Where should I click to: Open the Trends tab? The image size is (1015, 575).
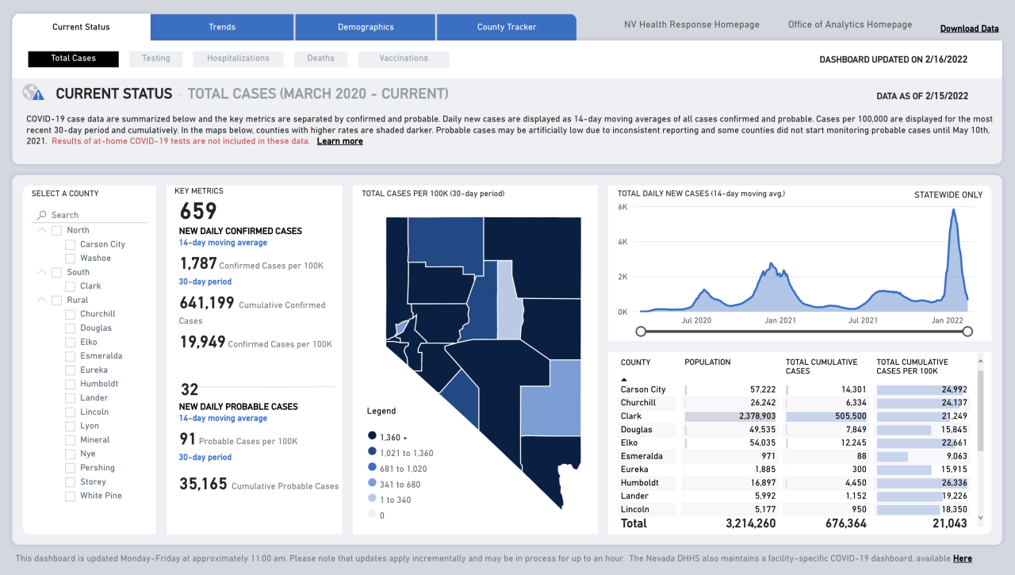(222, 27)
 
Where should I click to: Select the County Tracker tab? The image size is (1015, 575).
(506, 27)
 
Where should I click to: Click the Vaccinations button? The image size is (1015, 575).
(404, 59)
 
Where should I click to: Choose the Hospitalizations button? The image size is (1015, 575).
(238, 59)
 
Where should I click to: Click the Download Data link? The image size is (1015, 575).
(969, 29)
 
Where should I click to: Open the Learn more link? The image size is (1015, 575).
(339, 141)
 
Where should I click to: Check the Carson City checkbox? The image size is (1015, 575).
(71, 244)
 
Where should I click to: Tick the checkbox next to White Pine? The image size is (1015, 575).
(71, 496)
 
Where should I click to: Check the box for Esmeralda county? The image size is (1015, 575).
(71, 356)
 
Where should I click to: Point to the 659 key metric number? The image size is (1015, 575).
(198, 212)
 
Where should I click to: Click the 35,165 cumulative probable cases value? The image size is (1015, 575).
(203, 484)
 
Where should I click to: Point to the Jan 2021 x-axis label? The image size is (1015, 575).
(780, 320)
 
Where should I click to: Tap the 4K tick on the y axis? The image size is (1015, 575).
(622, 242)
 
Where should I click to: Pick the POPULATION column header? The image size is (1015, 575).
(707, 362)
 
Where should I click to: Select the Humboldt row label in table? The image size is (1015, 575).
(638, 483)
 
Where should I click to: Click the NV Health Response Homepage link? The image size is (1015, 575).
(691, 25)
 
